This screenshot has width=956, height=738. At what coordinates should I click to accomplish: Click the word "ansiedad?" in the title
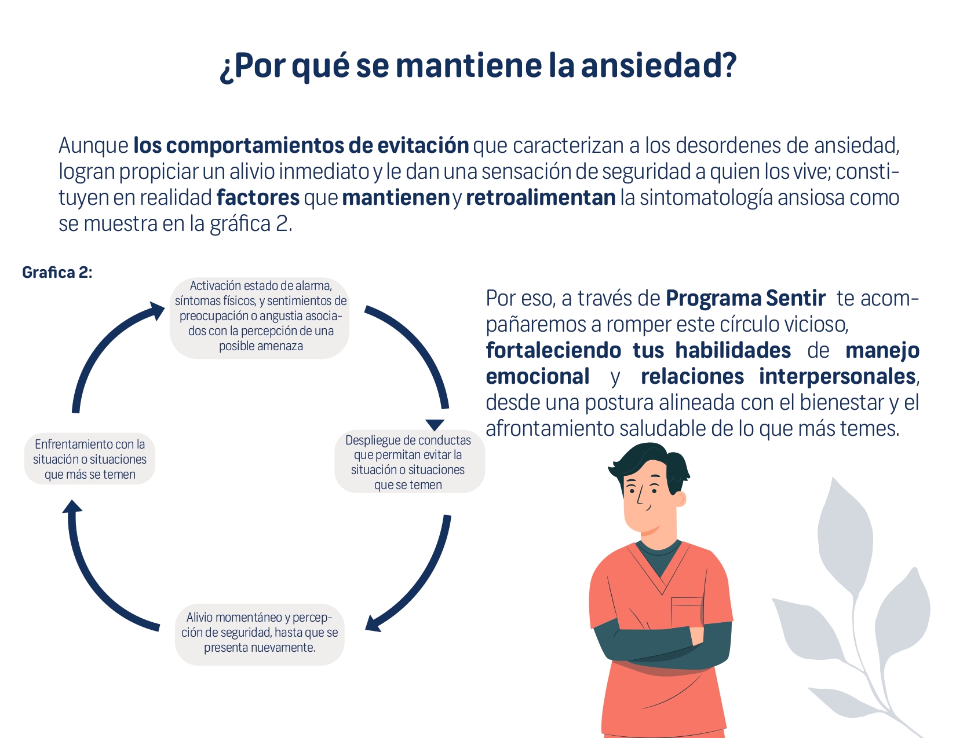[659, 65]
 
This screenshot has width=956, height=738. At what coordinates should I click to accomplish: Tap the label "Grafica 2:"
[57, 273]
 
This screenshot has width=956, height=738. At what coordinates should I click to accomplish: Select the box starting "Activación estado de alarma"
[260, 318]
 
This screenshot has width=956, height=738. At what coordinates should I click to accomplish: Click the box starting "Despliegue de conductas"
[409, 461]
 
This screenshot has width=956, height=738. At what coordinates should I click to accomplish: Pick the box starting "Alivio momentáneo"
[260, 633]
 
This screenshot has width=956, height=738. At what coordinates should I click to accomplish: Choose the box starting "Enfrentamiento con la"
[90, 459]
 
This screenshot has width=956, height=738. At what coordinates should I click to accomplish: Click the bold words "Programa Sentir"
[745, 299]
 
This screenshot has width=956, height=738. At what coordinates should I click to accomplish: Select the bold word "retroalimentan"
[541, 198]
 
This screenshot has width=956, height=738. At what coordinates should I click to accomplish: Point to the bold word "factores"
[258, 198]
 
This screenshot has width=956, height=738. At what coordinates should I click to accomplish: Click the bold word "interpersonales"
[837, 377]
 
